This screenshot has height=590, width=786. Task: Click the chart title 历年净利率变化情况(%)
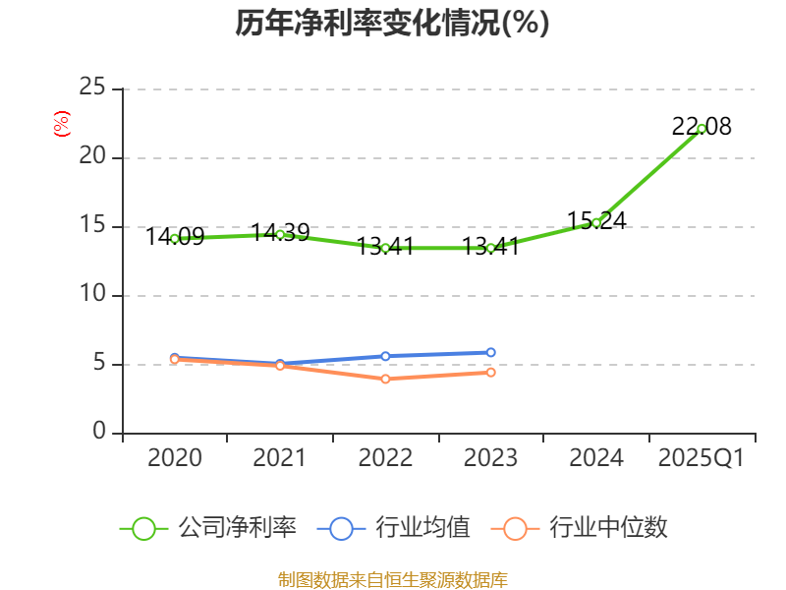point(392,24)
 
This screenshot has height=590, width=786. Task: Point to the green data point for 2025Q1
point(702,128)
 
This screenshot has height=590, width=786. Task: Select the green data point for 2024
point(596,222)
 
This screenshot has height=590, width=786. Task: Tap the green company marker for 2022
point(385,248)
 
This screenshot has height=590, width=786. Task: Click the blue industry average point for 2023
point(491,352)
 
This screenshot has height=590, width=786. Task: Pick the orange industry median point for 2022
point(385,379)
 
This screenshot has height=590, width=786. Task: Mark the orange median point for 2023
point(491,372)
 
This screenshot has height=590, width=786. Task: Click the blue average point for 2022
point(385,356)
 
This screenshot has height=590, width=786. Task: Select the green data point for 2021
point(280,234)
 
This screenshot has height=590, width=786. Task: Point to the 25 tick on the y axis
point(92,88)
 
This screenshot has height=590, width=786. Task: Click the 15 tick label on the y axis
point(92,226)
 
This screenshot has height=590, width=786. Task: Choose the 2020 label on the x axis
point(175,458)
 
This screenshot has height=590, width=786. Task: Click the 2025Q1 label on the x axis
point(702,458)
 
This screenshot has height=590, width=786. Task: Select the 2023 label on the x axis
point(491,458)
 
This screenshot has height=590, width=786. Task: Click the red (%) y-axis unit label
point(61,124)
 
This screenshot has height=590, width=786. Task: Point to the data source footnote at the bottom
point(392,579)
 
